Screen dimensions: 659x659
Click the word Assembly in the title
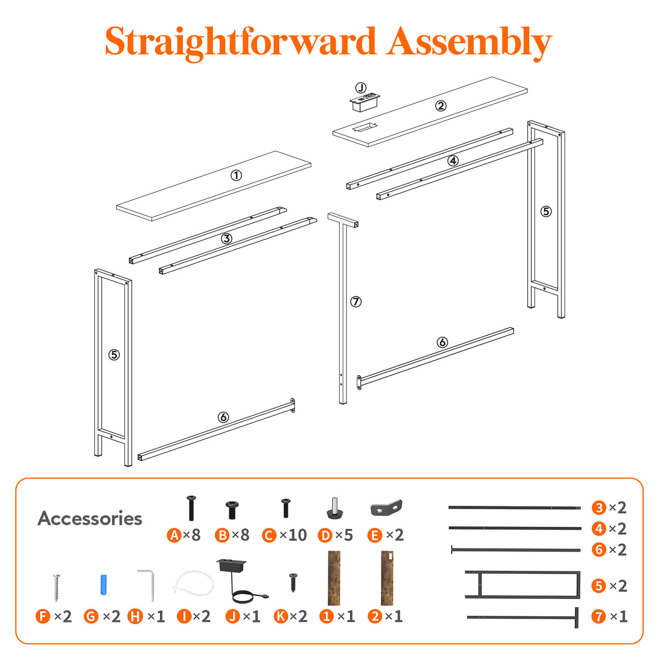(469, 42)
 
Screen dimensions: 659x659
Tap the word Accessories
(90, 518)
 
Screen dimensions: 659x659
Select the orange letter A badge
(174, 535)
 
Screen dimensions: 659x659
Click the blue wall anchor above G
(103, 584)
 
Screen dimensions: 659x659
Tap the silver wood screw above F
(56, 587)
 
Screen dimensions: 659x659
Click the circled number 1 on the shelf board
(236, 175)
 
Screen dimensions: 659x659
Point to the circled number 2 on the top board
(441, 106)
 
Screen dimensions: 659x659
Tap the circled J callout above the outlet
(361, 88)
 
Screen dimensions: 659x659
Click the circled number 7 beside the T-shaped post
(356, 302)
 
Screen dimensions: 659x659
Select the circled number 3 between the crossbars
(227, 238)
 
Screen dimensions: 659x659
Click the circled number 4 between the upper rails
(453, 161)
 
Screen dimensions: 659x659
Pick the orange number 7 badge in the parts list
(599, 617)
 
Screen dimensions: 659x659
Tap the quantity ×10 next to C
(293, 535)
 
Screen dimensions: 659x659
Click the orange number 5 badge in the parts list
(599, 586)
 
